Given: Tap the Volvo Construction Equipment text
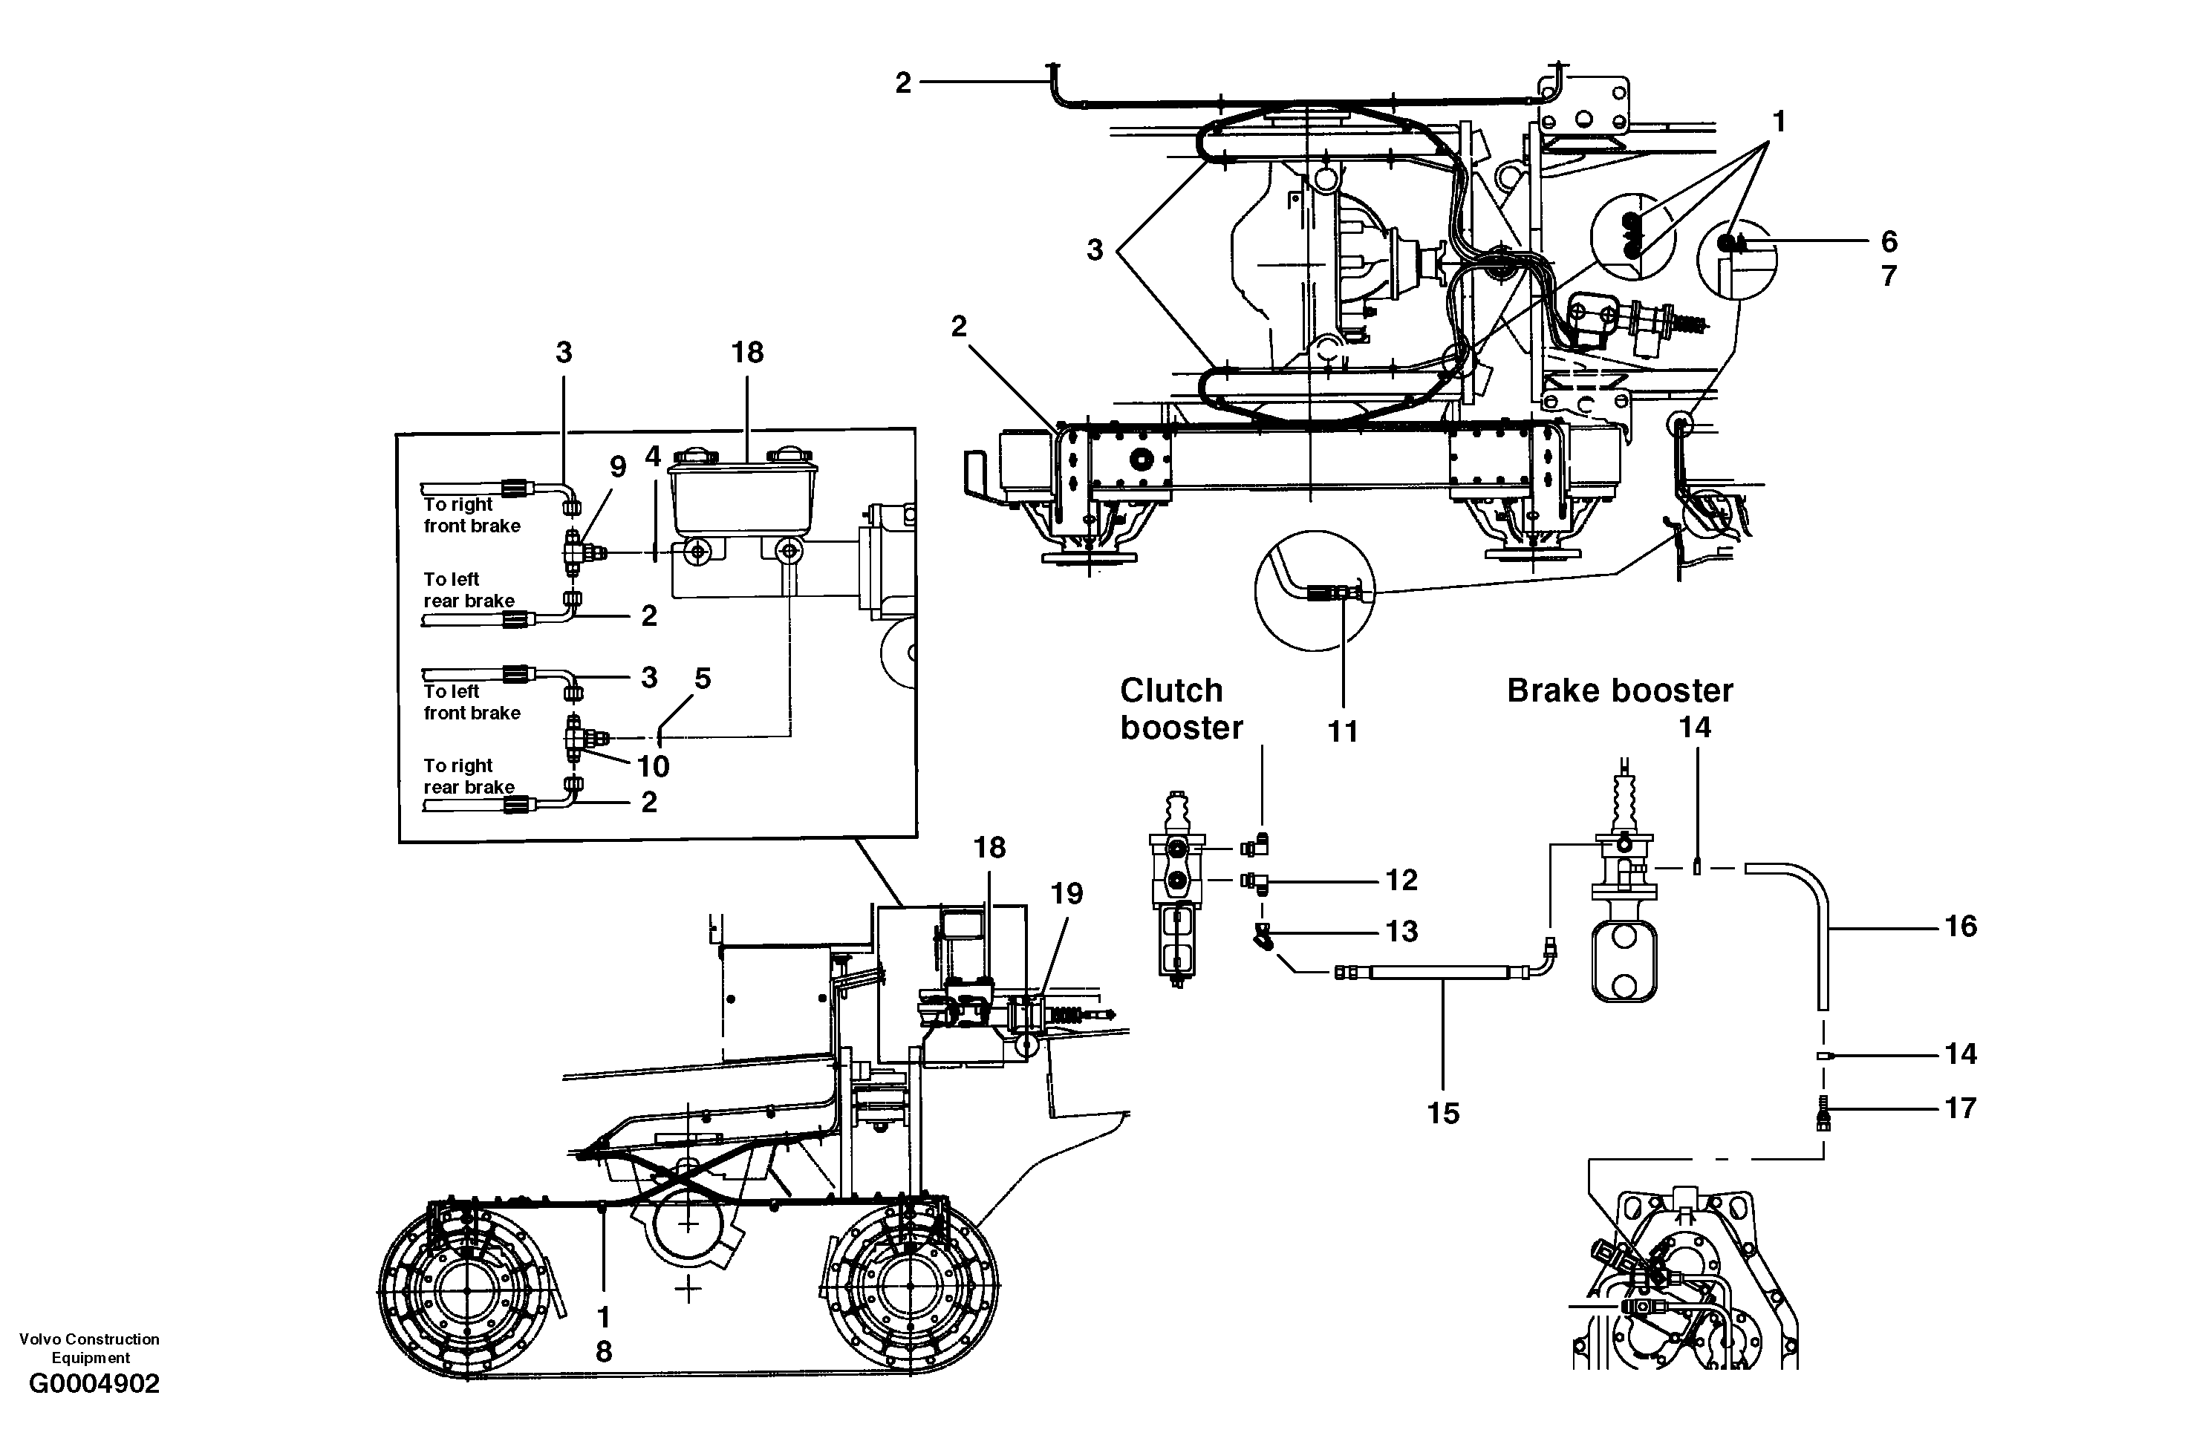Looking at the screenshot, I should coord(89,1348).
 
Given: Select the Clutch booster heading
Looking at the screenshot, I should coord(1180,708).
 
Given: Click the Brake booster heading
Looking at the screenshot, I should coord(1619,691).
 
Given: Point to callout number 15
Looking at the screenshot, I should coord(1443,1113).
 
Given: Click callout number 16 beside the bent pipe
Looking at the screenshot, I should coord(1960,926).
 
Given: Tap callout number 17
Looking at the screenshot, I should coord(1960,1107).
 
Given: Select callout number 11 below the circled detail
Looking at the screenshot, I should coord(1342,732).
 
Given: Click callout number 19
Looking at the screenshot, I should coord(1067,893).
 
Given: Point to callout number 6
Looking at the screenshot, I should coord(1889,241).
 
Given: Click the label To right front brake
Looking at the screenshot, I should coord(471,515).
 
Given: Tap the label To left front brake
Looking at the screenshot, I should coord(471,702).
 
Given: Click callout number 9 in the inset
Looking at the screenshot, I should coord(618,467).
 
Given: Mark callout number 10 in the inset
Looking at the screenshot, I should coord(653,766).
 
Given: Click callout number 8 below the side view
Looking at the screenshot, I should coord(604,1352).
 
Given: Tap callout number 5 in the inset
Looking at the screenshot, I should coord(703,679).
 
